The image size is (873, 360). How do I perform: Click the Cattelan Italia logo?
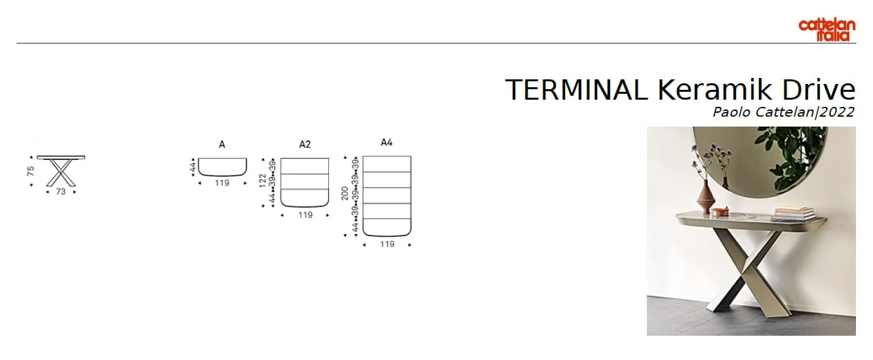point(826,30)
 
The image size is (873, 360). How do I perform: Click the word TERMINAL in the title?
point(576,90)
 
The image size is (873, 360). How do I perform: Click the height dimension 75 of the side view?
point(30,172)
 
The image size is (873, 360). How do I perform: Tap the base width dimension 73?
point(61,192)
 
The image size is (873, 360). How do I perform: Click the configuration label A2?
point(305,144)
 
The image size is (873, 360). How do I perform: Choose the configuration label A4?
point(387,142)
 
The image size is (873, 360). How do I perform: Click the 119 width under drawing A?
point(222,183)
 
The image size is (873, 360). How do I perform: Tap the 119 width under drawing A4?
point(387,244)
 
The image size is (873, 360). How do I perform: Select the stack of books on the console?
point(794,213)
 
